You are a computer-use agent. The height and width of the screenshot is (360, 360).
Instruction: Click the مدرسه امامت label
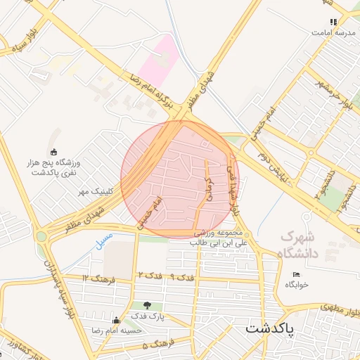[332, 32]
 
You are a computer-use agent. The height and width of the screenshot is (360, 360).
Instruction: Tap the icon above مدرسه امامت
[333, 22]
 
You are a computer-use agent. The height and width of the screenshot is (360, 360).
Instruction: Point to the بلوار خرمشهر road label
[335, 95]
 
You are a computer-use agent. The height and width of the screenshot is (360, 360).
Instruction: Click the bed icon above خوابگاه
[296, 274]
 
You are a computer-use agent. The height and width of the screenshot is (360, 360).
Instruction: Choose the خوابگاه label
[297, 284]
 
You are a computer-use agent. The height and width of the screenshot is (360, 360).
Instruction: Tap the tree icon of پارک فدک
[147, 305]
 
